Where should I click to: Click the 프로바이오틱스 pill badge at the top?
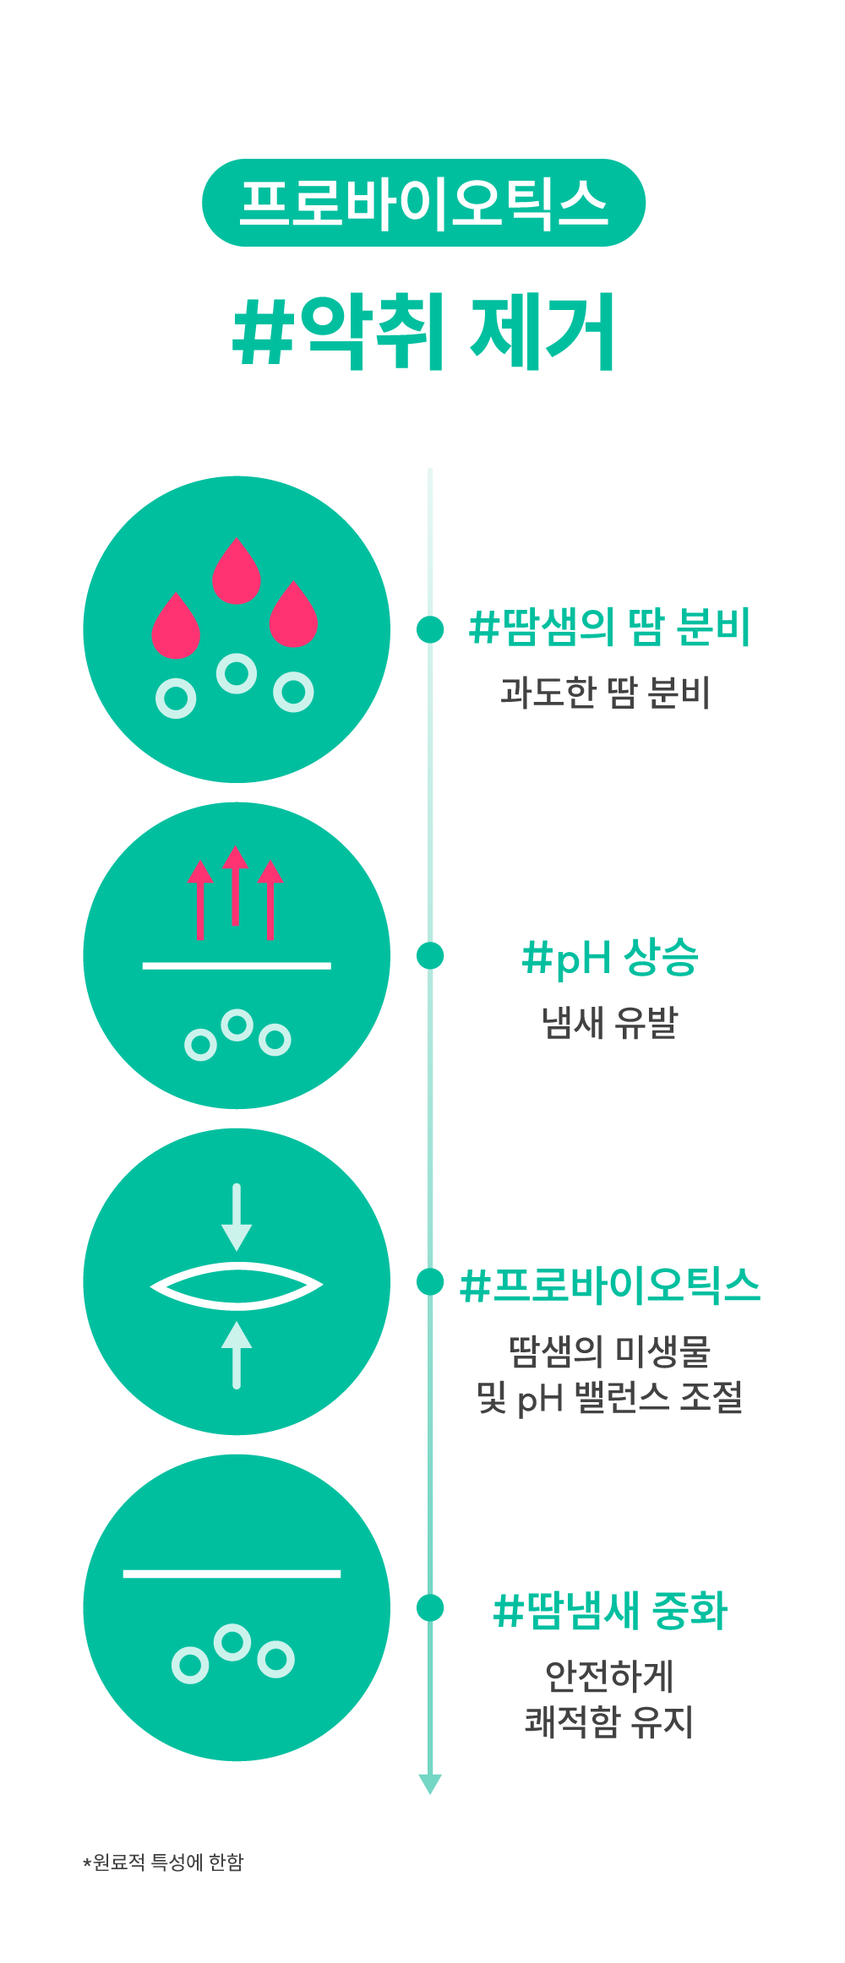click(423, 203)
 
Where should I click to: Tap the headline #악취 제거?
click(423, 331)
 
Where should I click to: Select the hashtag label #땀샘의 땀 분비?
click(609, 628)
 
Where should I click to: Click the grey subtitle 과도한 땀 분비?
click(605, 693)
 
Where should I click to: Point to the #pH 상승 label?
click(609, 957)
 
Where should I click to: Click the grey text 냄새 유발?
click(609, 1022)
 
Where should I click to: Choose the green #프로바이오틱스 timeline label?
click(609, 1286)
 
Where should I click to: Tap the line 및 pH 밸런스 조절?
click(609, 1397)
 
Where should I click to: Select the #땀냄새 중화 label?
click(609, 1610)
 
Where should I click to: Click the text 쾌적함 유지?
click(609, 1721)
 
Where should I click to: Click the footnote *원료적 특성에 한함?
click(163, 1862)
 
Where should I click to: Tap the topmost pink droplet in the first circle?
click(237, 572)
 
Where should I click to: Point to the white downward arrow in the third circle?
click(237, 1216)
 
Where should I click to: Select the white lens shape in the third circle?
click(237, 1286)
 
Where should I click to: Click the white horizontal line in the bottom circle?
click(232, 1574)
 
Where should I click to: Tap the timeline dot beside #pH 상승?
click(430, 955)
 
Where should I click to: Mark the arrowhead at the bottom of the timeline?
click(430, 1783)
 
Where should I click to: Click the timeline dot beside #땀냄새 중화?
click(430, 1607)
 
